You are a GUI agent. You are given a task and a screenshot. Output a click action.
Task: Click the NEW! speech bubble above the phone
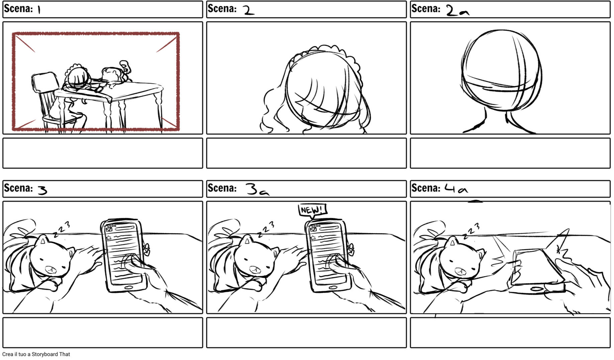pyautogui.click(x=312, y=210)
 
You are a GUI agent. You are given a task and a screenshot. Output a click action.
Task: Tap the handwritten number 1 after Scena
pyautogui.click(x=39, y=10)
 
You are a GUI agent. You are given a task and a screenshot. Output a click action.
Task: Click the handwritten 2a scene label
pyautogui.click(x=457, y=11)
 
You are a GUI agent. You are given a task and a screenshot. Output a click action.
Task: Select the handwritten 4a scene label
pyautogui.click(x=456, y=189)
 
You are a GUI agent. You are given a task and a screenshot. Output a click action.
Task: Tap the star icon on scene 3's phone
pyautogui.click(x=109, y=238)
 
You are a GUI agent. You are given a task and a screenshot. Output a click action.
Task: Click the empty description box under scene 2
pyautogui.click(x=306, y=153)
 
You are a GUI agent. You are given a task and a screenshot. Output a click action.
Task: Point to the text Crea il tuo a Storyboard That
pyautogui.click(x=36, y=354)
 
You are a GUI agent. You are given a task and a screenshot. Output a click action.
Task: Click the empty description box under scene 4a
pyautogui.click(x=510, y=333)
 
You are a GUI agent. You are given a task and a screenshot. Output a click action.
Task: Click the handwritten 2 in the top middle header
pyautogui.click(x=248, y=10)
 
